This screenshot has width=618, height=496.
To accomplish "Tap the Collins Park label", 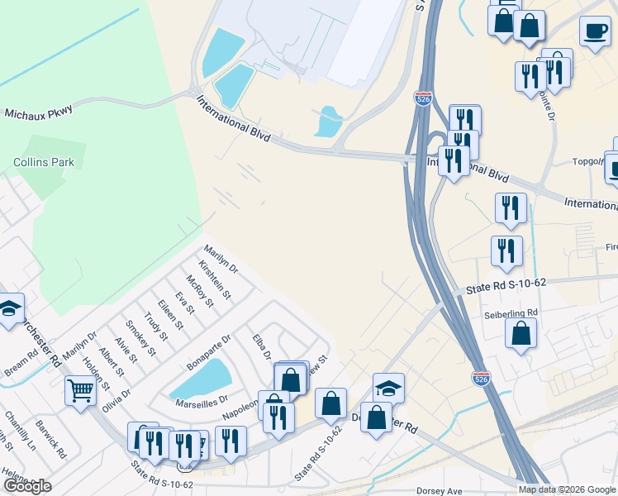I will [44, 162].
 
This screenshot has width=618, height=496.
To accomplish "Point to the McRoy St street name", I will [200, 291].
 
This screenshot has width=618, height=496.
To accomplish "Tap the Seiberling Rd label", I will [511, 312].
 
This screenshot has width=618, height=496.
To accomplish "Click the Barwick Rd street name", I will [50, 442].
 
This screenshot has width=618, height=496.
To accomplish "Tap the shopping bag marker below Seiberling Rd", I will [521, 333].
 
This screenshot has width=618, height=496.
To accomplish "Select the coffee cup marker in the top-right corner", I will [594, 31].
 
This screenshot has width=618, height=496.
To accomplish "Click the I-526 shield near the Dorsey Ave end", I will [480, 378].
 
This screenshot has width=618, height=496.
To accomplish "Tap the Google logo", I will [27, 486].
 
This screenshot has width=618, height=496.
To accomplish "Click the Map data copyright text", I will [566, 489].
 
